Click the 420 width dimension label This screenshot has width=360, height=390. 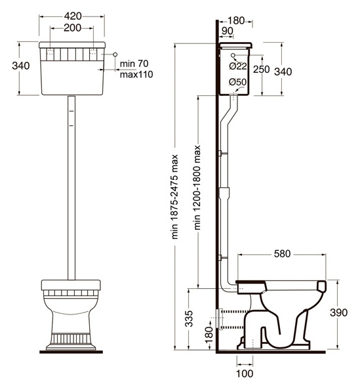click(x=73, y=16)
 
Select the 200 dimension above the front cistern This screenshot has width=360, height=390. click(x=72, y=28)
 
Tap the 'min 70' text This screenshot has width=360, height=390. click(x=134, y=64)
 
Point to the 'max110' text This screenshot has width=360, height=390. click(x=136, y=74)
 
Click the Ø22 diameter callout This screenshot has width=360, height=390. click(x=238, y=66)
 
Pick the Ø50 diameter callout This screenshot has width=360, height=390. click(x=238, y=82)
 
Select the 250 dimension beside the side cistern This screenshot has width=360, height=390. click(x=262, y=70)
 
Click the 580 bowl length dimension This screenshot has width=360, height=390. click(x=282, y=253)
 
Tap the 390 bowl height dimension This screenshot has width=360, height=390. click(x=338, y=313)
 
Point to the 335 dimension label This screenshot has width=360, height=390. click(x=189, y=318)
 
